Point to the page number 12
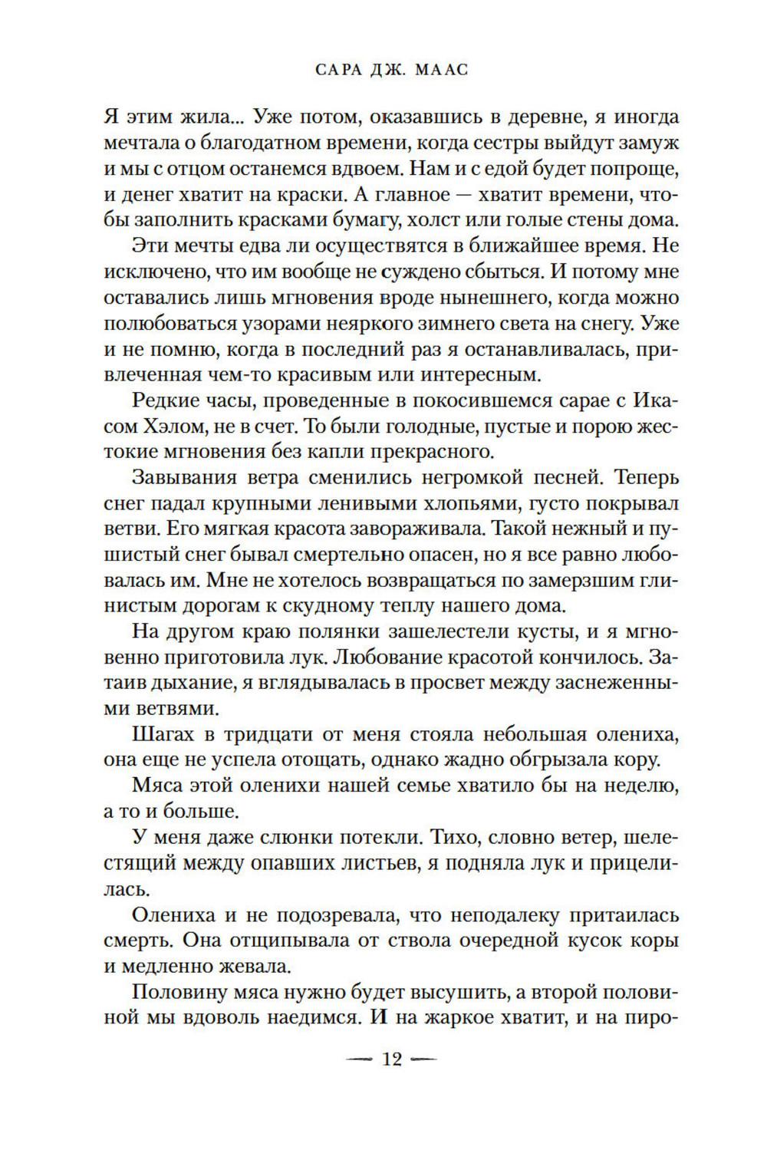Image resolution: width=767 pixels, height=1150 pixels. [x=391, y=1059]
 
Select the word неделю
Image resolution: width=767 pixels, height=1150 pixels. [x=634, y=786]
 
